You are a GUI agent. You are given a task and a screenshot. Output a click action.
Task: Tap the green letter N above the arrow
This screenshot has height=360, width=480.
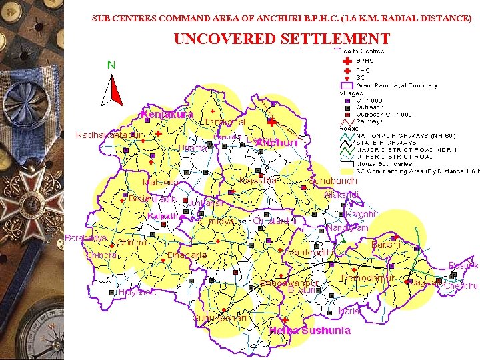point(111,65)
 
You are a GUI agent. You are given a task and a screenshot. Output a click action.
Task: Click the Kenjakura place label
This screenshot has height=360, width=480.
point(167,114)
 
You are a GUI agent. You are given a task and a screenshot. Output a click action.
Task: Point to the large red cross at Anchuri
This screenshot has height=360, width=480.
point(271,122)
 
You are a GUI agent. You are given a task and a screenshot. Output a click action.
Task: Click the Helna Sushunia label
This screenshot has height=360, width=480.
point(309,331)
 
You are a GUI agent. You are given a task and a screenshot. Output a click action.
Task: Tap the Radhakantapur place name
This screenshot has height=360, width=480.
point(103,135)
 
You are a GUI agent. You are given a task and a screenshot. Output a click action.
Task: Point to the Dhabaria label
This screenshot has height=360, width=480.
point(187,255)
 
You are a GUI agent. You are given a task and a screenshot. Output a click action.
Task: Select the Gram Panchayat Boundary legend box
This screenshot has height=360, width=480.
point(347,85)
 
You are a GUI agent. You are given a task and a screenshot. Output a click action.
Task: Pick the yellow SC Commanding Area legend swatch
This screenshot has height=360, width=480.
point(347,171)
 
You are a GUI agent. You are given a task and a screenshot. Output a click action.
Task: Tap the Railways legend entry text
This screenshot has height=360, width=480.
point(370,121)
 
